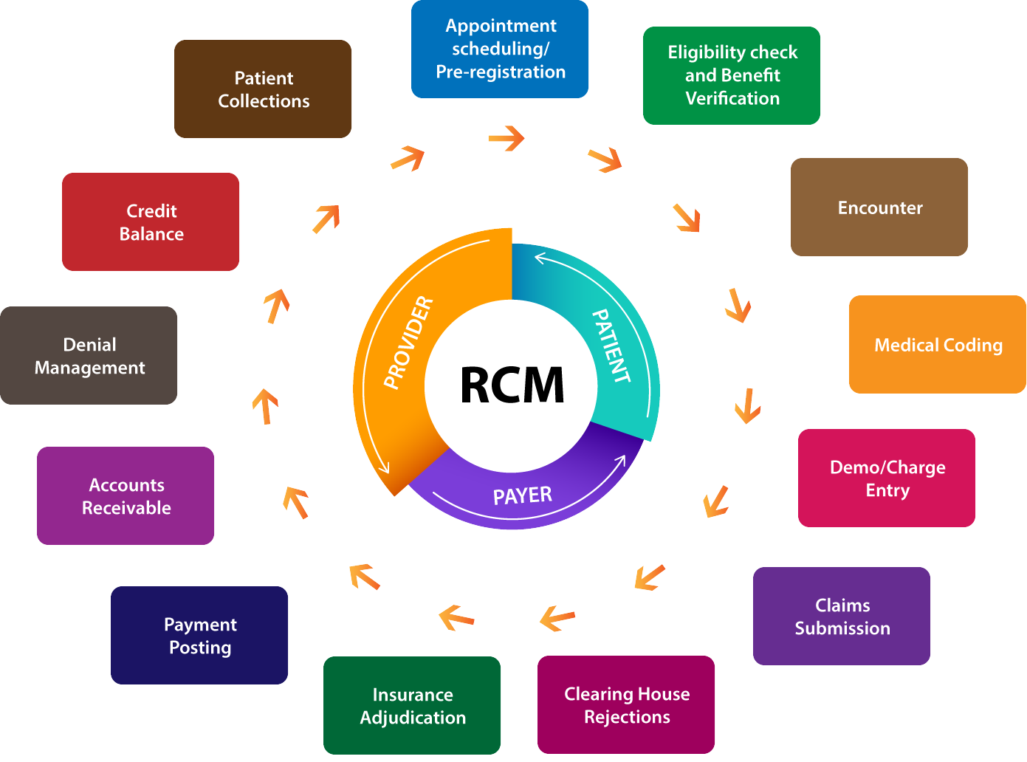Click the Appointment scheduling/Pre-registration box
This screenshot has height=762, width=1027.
click(500, 49)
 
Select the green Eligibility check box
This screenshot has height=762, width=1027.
click(732, 75)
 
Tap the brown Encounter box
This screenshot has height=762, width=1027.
click(879, 207)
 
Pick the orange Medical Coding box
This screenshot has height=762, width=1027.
click(938, 345)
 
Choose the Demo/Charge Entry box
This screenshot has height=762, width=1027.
click(887, 478)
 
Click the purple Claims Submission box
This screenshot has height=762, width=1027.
click(842, 617)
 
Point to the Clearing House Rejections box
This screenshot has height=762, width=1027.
click(626, 705)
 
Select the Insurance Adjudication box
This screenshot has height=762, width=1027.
click(412, 706)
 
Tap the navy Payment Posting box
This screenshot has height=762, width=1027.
click(199, 636)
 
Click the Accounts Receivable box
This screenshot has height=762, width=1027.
click(126, 496)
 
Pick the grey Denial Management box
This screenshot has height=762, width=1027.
click(89, 356)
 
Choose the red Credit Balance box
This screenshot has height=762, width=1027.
click(151, 222)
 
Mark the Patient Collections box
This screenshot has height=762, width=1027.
click(263, 89)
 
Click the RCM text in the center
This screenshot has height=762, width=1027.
click(512, 385)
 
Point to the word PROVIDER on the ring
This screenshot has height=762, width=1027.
click(408, 342)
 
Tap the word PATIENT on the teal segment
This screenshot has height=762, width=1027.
click(612, 346)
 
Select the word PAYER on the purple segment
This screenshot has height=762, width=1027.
click(522, 495)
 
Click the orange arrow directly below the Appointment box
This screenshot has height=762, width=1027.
click(506, 138)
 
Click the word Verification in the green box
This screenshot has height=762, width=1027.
click(732, 98)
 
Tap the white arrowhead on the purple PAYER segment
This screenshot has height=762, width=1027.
click(620, 461)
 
